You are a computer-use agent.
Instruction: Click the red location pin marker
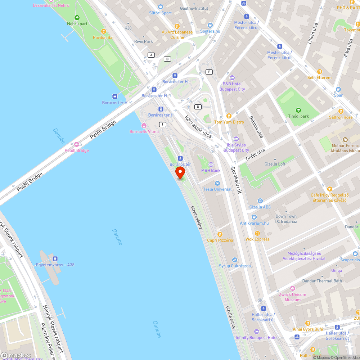[x=180, y=172]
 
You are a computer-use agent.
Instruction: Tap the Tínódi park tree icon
[x=298, y=110]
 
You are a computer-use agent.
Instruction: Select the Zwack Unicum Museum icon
[x=292, y=288]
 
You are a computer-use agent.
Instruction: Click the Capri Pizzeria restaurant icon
[x=220, y=234]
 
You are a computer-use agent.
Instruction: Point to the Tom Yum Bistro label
[x=229, y=122]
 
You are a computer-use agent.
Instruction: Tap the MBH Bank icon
[x=211, y=165]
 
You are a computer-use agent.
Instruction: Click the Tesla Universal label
[x=217, y=189]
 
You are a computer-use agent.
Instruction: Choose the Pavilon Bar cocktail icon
[x=104, y=31]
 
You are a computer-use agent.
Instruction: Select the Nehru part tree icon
[x=77, y=18]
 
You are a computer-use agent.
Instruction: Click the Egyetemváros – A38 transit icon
[x=55, y=258]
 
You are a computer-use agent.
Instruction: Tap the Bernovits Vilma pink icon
[x=144, y=125]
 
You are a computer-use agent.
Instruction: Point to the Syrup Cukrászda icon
[x=235, y=260]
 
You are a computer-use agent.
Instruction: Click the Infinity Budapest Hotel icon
[x=256, y=332]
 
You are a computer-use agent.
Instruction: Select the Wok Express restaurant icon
[x=257, y=233]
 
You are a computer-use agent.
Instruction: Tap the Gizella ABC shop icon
[x=260, y=201]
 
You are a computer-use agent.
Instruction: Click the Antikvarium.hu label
[x=254, y=223]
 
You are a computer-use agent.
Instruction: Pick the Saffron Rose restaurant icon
[x=341, y=111]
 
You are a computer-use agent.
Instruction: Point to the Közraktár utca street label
[x=198, y=127]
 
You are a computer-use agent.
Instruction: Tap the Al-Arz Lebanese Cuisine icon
[x=177, y=26]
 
